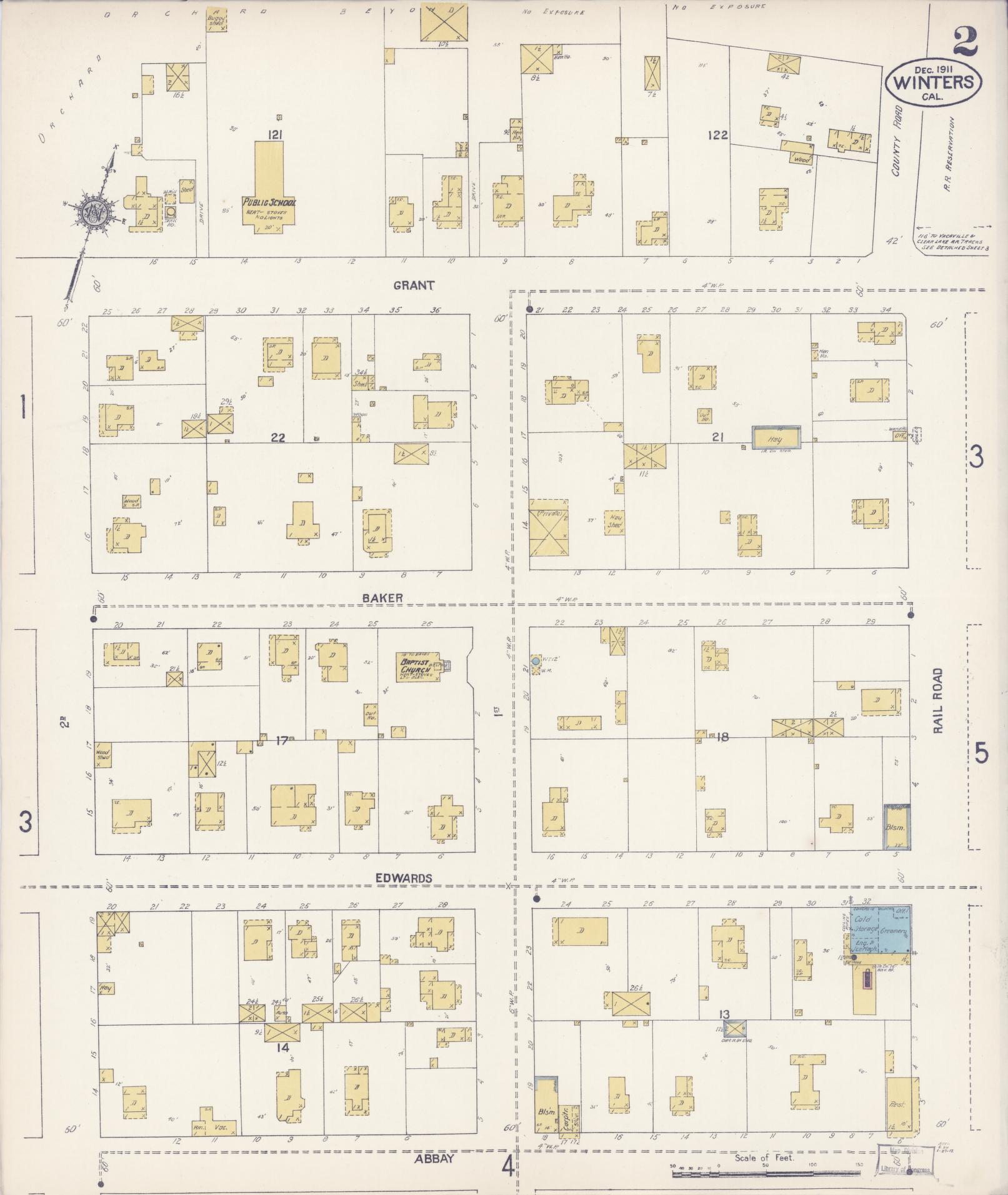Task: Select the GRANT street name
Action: coord(414,285)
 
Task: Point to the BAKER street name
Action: coord(382,598)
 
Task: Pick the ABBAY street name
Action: coord(434,1158)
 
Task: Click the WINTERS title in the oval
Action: coord(933,82)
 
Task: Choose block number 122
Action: coord(717,134)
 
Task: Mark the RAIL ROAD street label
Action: coord(937,700)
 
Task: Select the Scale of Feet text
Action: coord(764,1158)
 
